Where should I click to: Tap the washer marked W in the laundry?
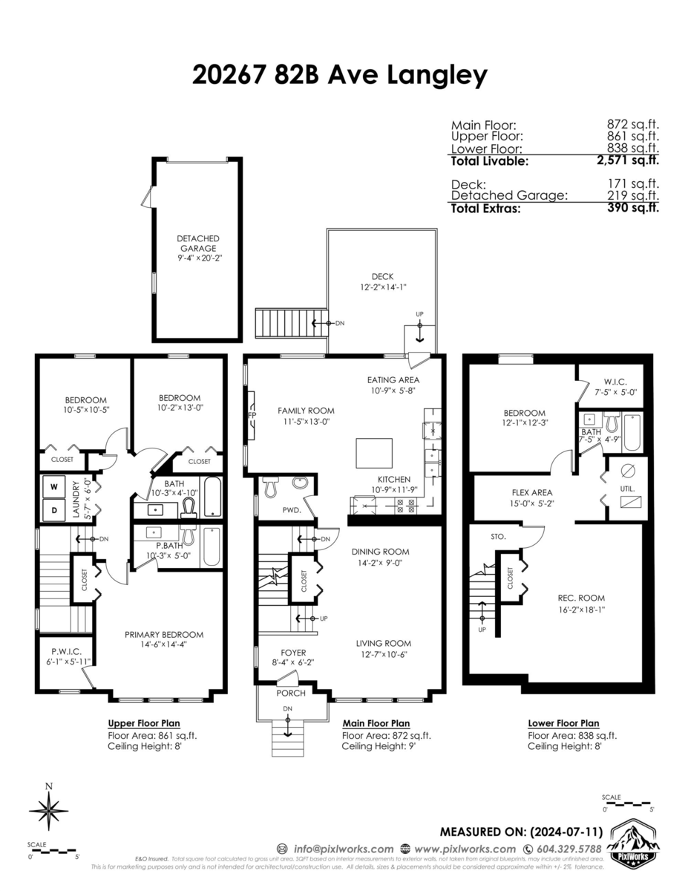[x=54, y=488]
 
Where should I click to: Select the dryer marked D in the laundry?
[x=54, y=510]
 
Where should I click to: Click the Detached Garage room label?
[x=197, y=243]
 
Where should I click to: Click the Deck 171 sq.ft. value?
[x=633, y=183]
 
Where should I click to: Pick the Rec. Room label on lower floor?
[x=581, y=598]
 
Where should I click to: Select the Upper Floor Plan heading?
[x=144, y=723]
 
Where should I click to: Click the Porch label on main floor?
[x=290, y=693]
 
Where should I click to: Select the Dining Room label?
[x=381, y=552]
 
